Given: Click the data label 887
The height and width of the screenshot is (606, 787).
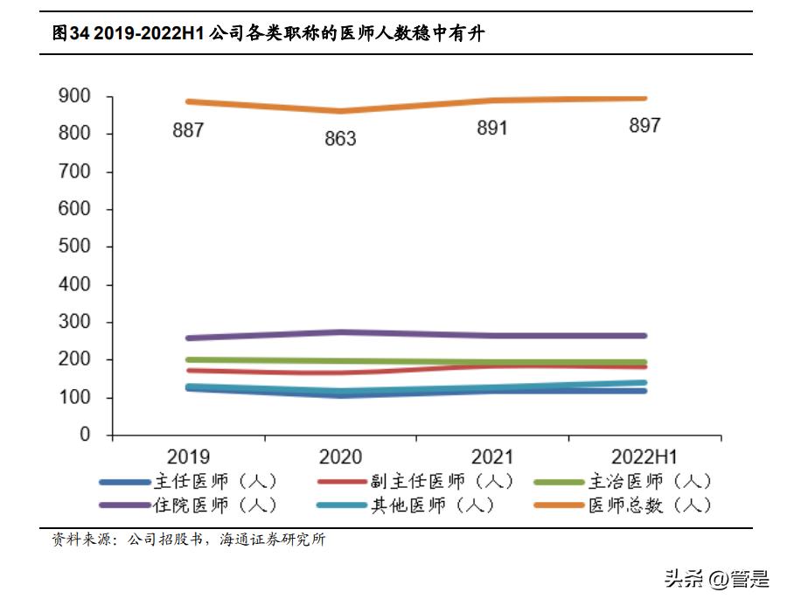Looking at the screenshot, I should coord(188,131).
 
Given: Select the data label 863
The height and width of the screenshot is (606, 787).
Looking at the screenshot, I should coord(340,139).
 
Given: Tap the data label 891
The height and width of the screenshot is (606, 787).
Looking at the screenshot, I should coord(492,129).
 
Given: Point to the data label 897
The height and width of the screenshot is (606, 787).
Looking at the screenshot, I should coord(644,126).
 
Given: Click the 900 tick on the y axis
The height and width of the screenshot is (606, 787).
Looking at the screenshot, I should coord(73,96).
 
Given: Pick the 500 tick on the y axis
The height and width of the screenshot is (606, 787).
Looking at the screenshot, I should coord(73,247).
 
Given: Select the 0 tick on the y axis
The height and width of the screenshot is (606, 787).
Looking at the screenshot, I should coord(85,435).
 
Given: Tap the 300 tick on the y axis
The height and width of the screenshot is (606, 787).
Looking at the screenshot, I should coord(73,322).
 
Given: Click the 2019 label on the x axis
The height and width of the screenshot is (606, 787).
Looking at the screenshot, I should coord(188,457).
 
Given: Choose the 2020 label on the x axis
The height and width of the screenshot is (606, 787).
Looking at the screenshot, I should coord(340,457).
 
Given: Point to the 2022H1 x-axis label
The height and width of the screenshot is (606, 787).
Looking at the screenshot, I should coord(644,457).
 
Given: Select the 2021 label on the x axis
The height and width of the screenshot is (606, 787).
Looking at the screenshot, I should coord(492,457).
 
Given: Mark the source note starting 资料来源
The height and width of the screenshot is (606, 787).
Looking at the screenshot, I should coord(189,540).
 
